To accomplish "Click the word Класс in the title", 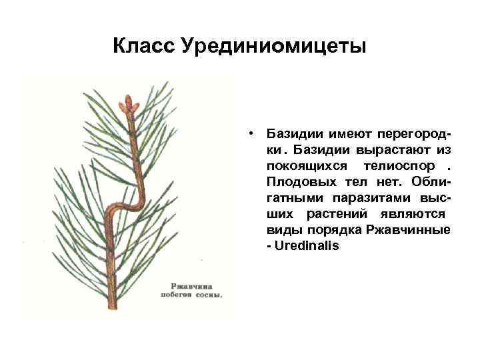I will (x=142, y=47).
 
